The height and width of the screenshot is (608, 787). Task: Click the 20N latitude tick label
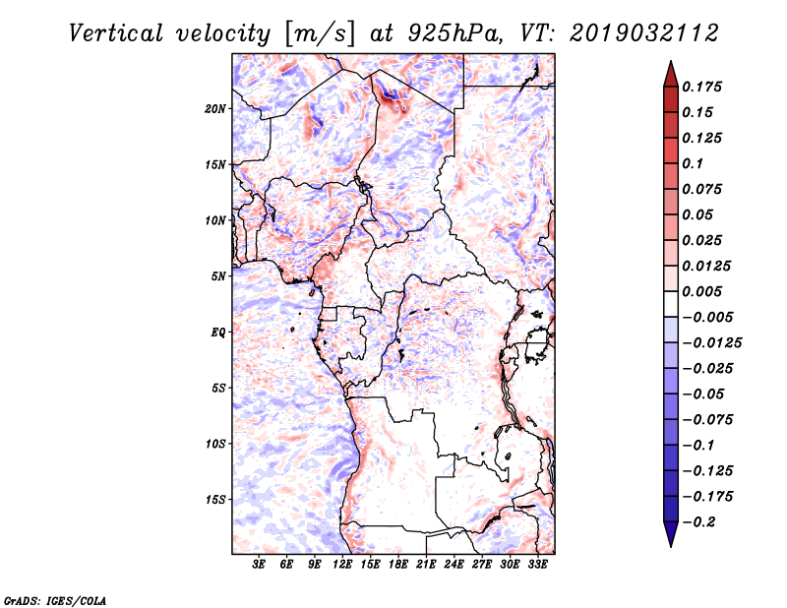click(x=215, y=108)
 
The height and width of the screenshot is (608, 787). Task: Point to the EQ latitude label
click(x=218, y=333)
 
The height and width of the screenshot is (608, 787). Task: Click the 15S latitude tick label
click(x=215, y=500)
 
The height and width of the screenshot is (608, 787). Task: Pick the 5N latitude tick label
click(x=218, y=276)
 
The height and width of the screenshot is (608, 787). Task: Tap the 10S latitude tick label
click(x=215, y=444)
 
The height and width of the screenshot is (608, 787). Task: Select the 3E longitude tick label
click(x=260, y=566)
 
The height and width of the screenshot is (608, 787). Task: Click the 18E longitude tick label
click(x=399, y=566)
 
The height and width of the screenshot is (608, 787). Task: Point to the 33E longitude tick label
click(x=538, y=566)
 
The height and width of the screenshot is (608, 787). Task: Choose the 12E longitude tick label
click(x=343, y=566)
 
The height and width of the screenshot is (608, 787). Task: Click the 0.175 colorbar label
click(x=703, y=87)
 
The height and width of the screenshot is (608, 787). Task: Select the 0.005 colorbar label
click(x=703, y=291)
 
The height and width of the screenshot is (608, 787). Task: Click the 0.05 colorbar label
click(x=699, y=214)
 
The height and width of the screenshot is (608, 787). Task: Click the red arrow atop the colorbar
click(x=670, y=71)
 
